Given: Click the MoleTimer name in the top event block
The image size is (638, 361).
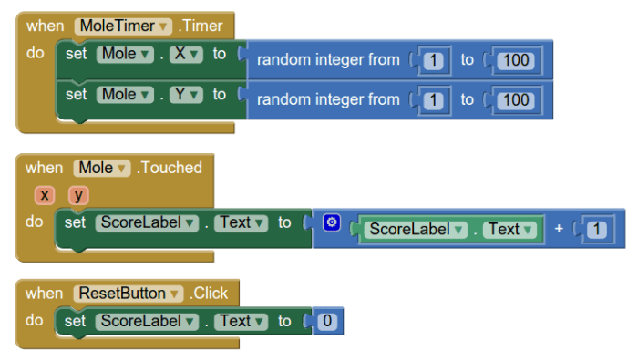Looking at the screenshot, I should coord(117,26).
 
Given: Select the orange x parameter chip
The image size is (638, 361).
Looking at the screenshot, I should coord(45,195).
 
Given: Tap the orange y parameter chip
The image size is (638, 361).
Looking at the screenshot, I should coord(79,195).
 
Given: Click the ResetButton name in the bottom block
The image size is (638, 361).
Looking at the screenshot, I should coord(122,294).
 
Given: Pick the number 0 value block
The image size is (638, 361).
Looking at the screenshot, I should coord(327,321).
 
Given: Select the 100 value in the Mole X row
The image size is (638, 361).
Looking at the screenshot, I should coord(516,60).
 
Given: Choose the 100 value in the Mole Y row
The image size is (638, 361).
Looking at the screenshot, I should coord(516,98).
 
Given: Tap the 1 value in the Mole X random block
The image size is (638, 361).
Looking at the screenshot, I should coord(434,60).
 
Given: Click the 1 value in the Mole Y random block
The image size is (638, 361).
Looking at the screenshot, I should coord(434,98).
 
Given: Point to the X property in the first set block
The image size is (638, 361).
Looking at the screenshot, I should coord(180,54).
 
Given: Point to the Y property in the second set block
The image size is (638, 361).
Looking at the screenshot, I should coord(180,94).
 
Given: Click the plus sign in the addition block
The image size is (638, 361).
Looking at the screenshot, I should coord(558,229).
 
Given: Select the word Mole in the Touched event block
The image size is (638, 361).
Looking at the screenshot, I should coord(96,168).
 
